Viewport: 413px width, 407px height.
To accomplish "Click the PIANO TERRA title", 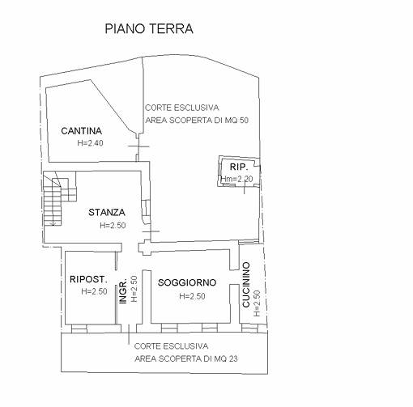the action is click(149, 29).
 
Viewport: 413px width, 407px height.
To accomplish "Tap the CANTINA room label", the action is click(82, 131).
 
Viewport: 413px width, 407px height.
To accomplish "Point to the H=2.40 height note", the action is click(90, 143).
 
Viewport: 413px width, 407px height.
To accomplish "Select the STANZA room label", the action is click(107, 213).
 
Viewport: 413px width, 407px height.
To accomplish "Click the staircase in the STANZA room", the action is click(60, 198).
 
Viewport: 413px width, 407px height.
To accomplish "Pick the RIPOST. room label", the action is click(88, 279).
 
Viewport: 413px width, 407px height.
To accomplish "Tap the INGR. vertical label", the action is click(123, 292).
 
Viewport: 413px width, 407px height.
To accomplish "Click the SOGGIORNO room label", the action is click(187, 282).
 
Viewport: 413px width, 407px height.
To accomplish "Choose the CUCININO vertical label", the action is click(246, 285).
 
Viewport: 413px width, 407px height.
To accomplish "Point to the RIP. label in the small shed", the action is click(239, 167).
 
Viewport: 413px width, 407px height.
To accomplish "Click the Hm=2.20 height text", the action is click(237, 179).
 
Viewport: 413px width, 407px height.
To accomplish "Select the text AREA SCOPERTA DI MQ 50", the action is click(197, 121).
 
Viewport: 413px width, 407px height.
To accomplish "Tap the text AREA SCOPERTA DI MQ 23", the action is click(186, 358).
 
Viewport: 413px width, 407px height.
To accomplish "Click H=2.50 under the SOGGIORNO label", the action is click(192, 296).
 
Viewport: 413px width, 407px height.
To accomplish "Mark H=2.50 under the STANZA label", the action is click(113, 225).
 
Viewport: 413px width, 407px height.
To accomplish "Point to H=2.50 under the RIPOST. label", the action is click(94, 291).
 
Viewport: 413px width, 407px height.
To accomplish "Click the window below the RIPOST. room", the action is click(79, 329).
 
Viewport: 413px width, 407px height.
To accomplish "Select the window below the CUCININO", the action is click(249, 329).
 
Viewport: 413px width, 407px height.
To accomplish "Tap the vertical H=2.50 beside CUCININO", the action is click(257, 303).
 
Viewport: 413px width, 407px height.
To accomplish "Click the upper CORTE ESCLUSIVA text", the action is click(182, 108).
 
